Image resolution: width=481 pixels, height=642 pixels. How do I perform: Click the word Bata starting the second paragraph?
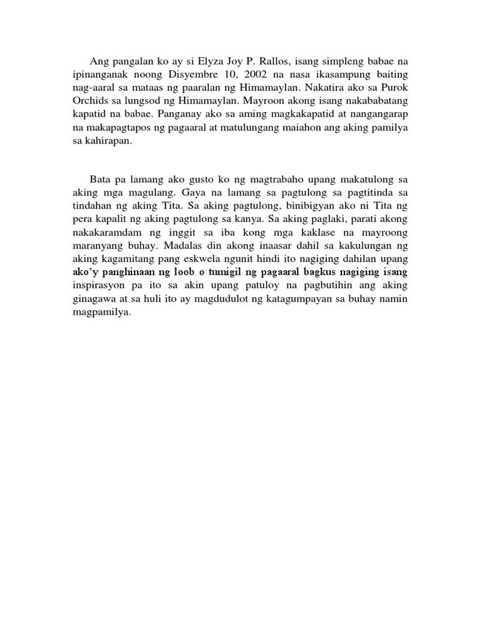point(101,179)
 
